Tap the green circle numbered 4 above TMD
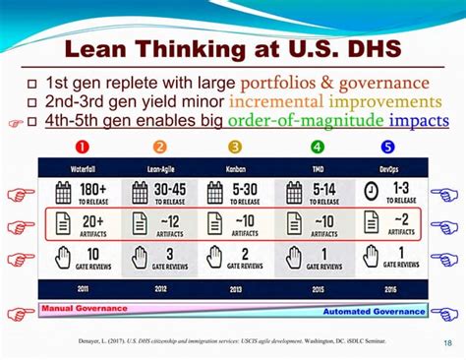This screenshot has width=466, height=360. pos(318,148)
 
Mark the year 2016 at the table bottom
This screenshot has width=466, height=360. pos(392,290)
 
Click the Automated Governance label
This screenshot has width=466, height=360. pos(375,312)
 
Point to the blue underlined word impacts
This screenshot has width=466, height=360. pos(417,121)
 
